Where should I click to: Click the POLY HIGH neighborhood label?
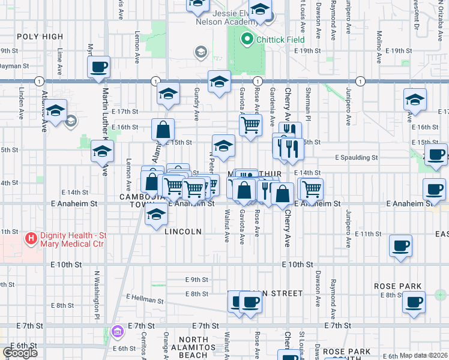40,37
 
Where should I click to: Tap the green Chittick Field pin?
246,40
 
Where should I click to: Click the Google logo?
20,353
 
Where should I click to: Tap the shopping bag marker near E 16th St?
163,129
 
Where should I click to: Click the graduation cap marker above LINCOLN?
156,213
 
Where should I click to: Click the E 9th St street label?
196,280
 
